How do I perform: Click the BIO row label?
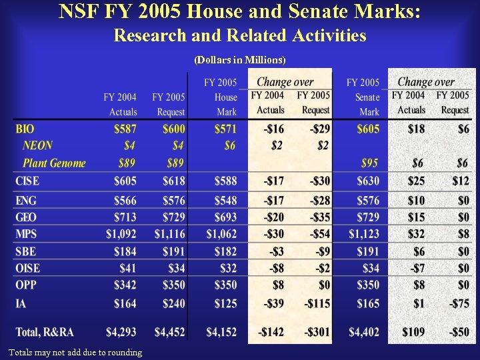point(25,128)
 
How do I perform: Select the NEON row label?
point(37,145)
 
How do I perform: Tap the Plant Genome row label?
point(54,163)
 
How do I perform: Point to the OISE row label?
point(27,268)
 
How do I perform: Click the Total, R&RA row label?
point(45,331)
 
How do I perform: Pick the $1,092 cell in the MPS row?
point(121,233)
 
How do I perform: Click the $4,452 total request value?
point(170,331)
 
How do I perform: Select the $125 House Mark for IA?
point(225,303)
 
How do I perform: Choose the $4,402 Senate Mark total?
point(364,331)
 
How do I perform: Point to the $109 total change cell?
point(413,331)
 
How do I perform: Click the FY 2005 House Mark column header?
point(221,97)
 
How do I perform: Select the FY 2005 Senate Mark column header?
point(363,97)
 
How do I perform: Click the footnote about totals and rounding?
point(75,352)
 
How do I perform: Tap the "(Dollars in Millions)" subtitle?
point(240,60)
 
